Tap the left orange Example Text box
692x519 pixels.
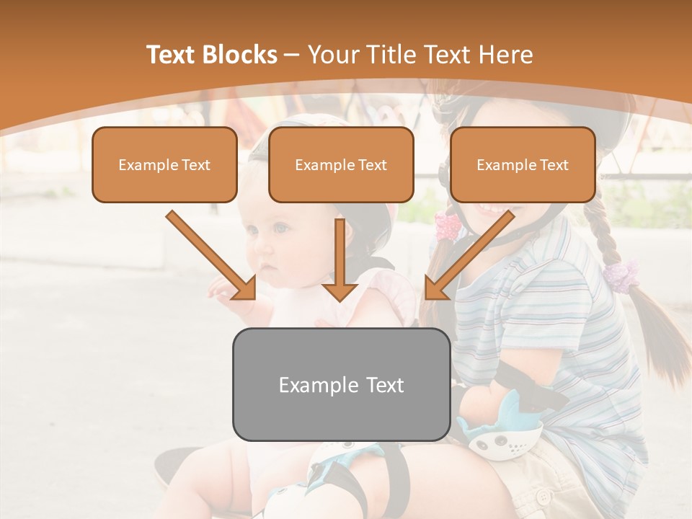tap(164, 164)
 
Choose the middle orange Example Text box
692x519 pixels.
tap(341, 164)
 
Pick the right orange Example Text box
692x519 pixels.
tap(523, 164)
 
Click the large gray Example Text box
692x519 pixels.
tap(341, 384)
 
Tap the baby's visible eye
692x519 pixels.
tap(280, 229)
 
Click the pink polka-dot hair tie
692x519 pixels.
tap(447, 225)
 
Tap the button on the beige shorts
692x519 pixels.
tap(544, 496)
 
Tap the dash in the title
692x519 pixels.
tap(292, 56)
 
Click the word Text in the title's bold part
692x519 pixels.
tap(171, 55)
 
